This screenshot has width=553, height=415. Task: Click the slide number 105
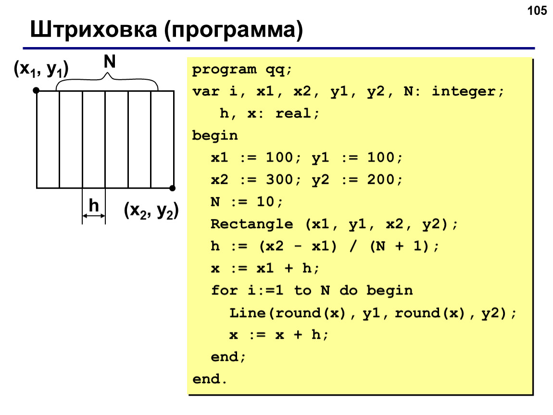pos(537,11)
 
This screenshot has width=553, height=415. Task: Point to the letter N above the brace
pos(109,61)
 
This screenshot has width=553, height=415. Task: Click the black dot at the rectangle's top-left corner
pos(36,90)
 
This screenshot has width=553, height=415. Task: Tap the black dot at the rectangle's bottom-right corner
pos(173,188)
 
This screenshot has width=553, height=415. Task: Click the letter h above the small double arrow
pos(93,205)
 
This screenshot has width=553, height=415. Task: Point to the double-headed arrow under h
pos(94,216)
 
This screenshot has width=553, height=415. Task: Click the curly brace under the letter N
pos(107,81)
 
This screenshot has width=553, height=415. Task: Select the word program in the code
pos(224,70)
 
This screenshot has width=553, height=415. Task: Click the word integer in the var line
pos(464,92)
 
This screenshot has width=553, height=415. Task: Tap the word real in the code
pos(293,113)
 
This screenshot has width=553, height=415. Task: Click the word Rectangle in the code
pos(252,224)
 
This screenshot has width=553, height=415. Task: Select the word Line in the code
pos(247,313)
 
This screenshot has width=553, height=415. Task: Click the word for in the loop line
pos(224,291)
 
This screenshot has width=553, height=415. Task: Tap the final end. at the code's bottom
pos(210,379)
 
